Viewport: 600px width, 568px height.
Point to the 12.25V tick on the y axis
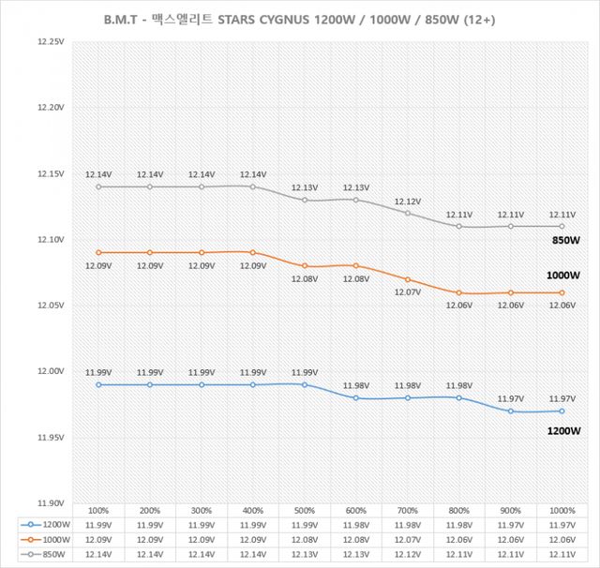pyautogui.click(x=48, y=42)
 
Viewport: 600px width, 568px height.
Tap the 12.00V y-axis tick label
pyautogui.click(x=48, y=372)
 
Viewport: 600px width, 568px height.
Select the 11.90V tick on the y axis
pyautogui.click(x=48, y=503)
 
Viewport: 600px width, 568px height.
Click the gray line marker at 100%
pyautogui.click(x=97, y=187)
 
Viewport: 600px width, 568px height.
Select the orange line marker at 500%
pyautogui.click(x=305, y=266)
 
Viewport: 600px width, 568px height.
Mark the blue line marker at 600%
pyautogui.click(x=356, y=398)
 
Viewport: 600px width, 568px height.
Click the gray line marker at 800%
pyautogui.click(x=459, y=226)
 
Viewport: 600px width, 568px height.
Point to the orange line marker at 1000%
pyautogui.click(x=562, y=292)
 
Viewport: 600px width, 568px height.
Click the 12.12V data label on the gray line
pyautogui.click(x=408, y=202)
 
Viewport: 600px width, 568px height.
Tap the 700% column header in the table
pyautogui.click(x=408, y=511)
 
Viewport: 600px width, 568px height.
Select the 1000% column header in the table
pyautogui.click(x=562, y=511)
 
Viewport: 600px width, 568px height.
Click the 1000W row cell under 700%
pyautogui.click(x=408, y=540)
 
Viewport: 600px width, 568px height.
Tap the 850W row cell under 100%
pyautogui.click(x=97, y=555)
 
